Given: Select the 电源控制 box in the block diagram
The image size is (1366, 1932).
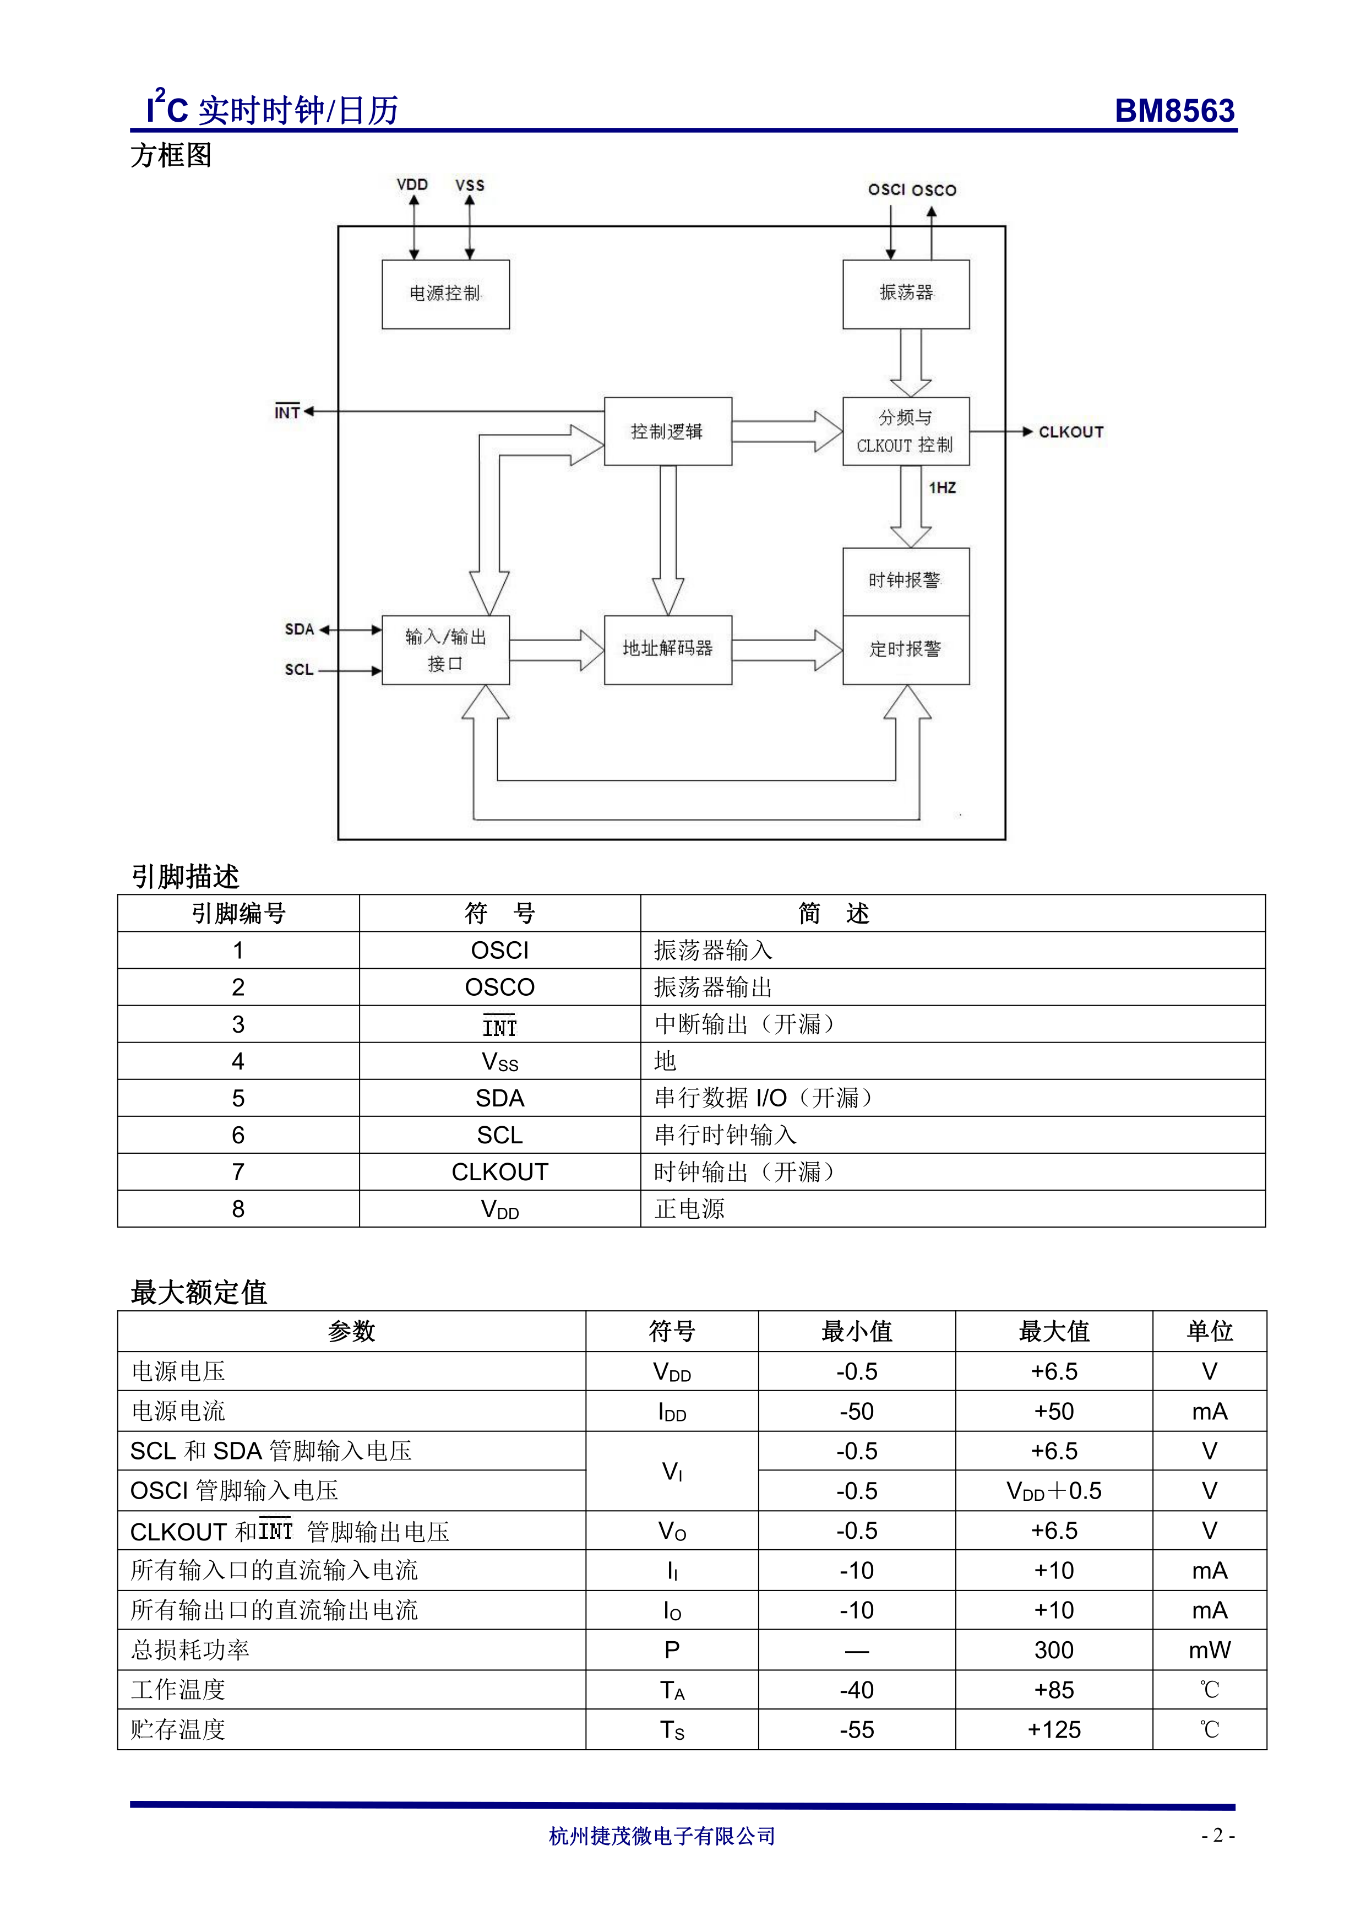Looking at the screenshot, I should point(445,294).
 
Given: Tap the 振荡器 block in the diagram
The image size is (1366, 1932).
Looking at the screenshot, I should point(906,294).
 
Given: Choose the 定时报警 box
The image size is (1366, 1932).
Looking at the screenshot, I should point(905,650).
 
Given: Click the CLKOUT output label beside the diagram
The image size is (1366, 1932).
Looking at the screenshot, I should point(1070,432).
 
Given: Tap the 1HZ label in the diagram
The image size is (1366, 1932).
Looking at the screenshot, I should point(942,488).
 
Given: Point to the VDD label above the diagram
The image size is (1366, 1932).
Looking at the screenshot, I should point(412,185).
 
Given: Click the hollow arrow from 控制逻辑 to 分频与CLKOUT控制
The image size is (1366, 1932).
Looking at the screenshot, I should point(786,432).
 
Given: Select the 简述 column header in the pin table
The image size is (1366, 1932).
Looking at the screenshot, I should point(832,914).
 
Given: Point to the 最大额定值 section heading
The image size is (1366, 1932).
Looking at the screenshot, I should point(199,1293).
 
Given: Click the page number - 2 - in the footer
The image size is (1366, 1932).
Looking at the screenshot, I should point(1217,1836).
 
